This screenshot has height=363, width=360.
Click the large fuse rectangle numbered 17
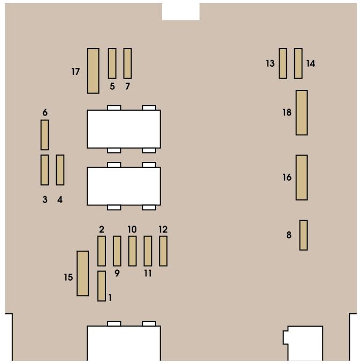[93, 71]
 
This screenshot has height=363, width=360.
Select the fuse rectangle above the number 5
[112, 64]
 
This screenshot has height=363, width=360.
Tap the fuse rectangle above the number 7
[127, 64]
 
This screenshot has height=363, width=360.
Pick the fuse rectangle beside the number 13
[283, 64]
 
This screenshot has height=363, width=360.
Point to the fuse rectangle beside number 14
[298, 64]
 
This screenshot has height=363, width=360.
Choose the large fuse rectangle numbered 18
[302, 112]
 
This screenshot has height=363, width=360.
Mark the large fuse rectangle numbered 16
[302, 177]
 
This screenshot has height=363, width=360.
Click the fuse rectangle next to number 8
[303, 235]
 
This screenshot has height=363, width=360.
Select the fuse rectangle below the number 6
[45, 135]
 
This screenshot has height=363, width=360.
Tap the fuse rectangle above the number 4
[60, 170]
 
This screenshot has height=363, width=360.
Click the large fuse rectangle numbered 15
[83, 273]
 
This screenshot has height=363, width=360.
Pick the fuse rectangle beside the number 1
[102, 286]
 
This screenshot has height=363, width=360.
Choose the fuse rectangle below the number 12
[163, 251]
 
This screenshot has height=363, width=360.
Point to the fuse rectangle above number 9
[117, 251]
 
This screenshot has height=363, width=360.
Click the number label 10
[132, 229]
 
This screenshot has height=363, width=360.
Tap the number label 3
[45, 199]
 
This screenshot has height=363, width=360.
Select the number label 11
[148, 273]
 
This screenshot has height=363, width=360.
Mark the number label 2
[102, 229]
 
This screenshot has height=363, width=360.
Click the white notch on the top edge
[181, 12]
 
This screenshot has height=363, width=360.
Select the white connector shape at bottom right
[303, 343]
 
